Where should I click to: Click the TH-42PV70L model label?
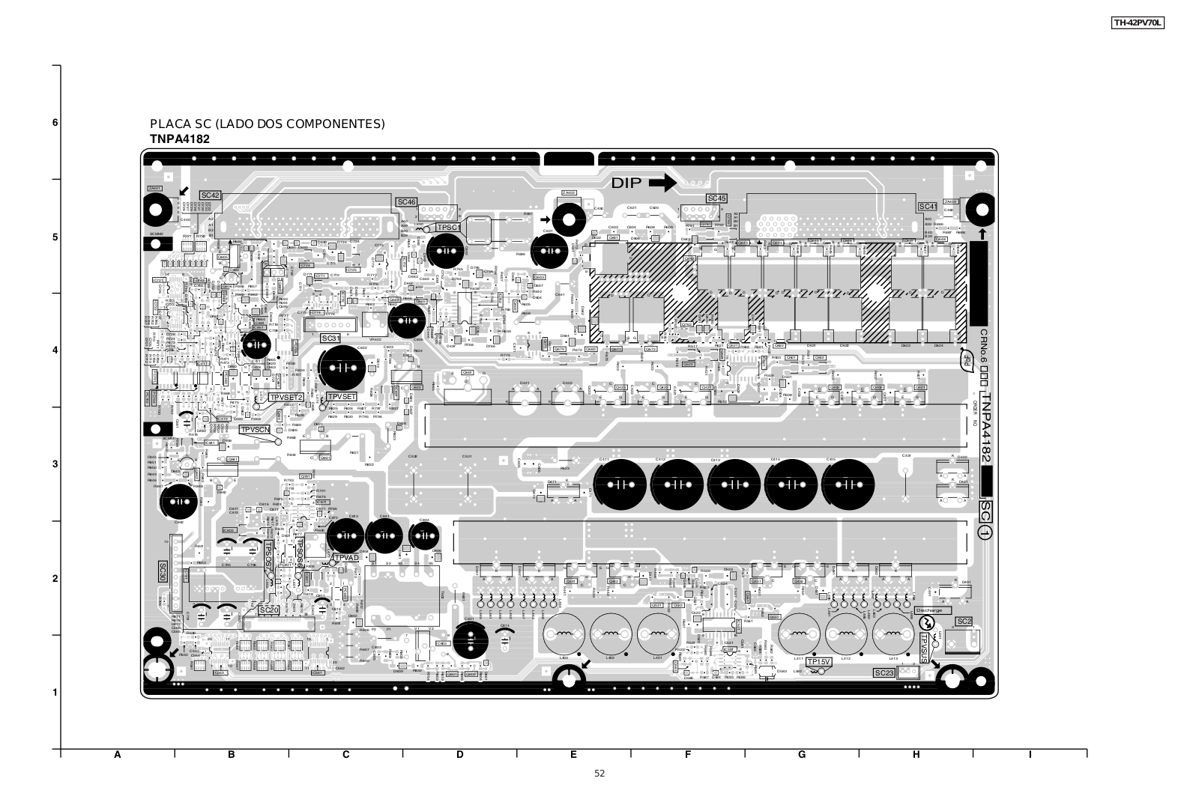click(x=1137, y=23)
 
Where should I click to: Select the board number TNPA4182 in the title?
click(x=180, y=139)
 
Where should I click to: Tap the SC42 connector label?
click(x=211, y=195)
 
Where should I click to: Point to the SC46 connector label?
click(x=406, y=202)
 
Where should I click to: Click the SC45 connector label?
click(x=716, y=198)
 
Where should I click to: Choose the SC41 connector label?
click(x=928, y=206)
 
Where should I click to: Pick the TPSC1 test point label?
click(x=448, y=227)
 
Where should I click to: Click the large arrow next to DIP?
click(x=662, y=183)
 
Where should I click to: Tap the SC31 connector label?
click(x=331, y=338)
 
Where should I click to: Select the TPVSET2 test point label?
click(x=286, y=397)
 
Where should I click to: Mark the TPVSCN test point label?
click(x=255, y=430)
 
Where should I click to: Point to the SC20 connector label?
click(x=269, y=610)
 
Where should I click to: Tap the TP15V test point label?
click(x=819, y=662)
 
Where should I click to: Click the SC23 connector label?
click(x=884, y=673)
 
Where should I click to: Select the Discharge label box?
click(x=932, y=610)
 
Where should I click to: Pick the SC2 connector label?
click(x=964, y=622)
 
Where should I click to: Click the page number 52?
click(x=599, y=774)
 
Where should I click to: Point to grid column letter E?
click(x=573, y=755)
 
